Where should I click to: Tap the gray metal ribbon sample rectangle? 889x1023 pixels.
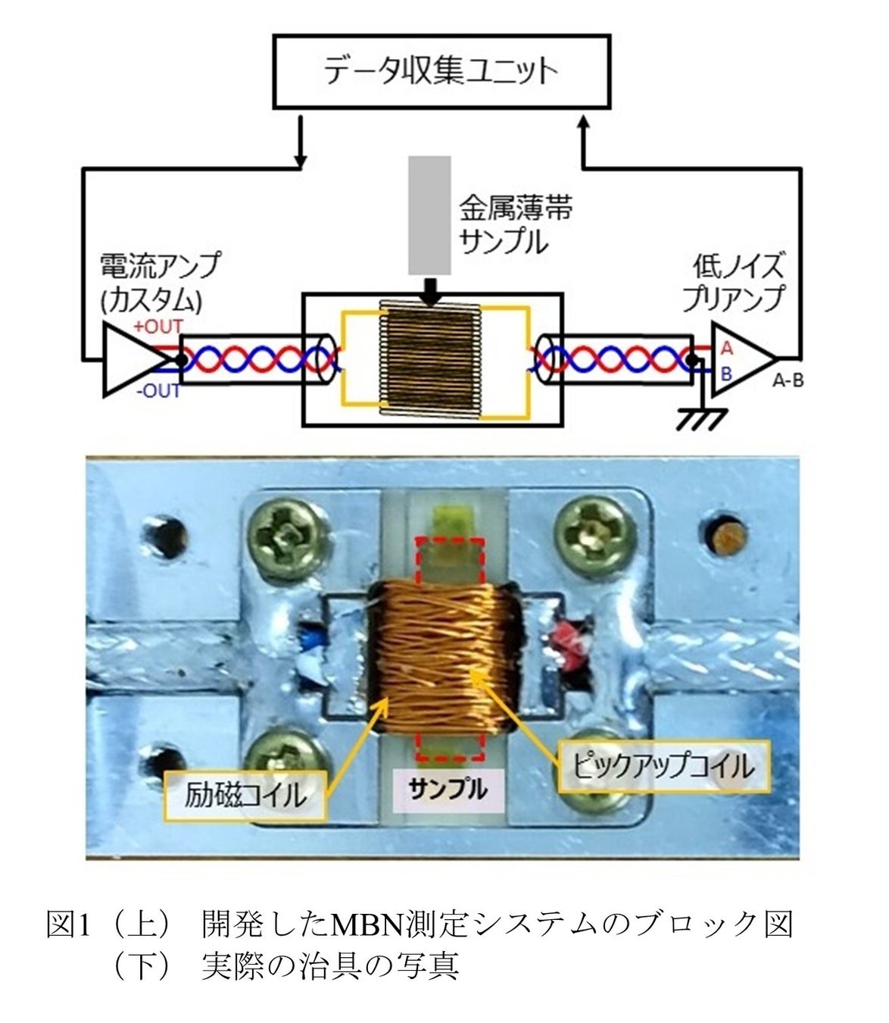429,215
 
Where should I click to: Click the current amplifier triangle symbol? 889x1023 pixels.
136,359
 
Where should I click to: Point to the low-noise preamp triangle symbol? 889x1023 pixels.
743,359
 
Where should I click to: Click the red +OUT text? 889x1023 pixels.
158,327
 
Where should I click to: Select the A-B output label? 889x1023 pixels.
788,381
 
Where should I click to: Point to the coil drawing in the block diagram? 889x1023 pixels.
430,359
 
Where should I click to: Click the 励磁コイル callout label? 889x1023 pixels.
245,795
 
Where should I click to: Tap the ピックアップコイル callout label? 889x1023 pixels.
664,767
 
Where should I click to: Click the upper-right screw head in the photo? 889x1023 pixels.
594,534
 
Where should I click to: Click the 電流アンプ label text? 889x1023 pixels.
159,265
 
